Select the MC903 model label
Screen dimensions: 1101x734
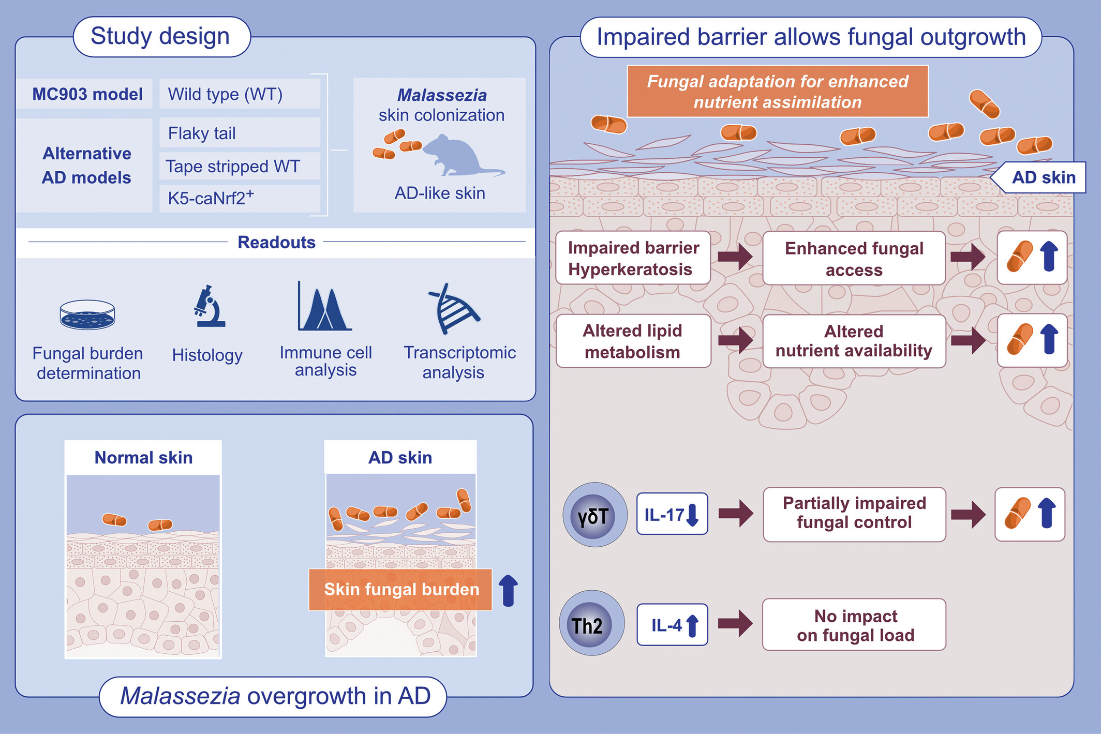pyautogui.click(x=87, y=94)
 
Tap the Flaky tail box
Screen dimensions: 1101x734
pyautogui.click(x=240, y=133)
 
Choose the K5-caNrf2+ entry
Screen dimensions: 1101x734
pyautogui.click(x=240, y=198)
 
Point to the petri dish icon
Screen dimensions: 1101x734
pyautogui.click(x=87, y=314)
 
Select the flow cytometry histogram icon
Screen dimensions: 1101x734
pyautogui.click(x=324, y=306)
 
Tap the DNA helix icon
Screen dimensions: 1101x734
pyautogui.click(x=454, y=308)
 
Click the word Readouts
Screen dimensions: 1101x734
pyautogui.click(x=276, y=242)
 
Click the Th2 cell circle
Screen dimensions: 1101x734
pyautogui.click(x=592, y=623)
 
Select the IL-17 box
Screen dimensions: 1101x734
pyautogui.click(x=672, y=514)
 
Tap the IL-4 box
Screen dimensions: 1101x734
pyautogui.click(x=672, y=625)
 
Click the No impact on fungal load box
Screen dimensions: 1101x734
pyautogui.click(x=854, y=625)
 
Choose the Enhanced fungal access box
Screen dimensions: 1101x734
pyautogui.click(x=854, y=258)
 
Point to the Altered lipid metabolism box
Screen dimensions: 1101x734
pyautogui.click(x=633, y=341)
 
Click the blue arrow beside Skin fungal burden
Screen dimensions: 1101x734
pyautogui.click(x=508, y=590)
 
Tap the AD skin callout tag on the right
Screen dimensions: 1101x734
pyautogui.click(x=1038, y=177)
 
